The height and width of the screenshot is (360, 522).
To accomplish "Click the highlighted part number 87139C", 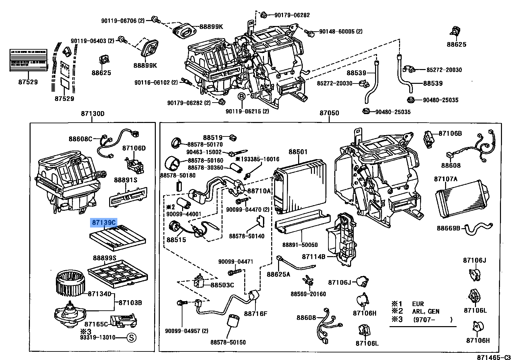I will [104, 223].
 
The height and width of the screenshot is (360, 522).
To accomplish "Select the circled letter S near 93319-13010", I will [131, 338].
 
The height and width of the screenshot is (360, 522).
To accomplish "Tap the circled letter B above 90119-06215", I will [242, 97].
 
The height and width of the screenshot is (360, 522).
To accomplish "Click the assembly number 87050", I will [329, 113].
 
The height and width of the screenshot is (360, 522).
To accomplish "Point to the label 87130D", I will [92, 114].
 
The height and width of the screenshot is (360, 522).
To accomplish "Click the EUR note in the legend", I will [418, 304].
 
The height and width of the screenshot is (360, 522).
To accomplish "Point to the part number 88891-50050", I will [300, 245].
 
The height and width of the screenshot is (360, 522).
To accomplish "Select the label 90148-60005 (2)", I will [341, 32].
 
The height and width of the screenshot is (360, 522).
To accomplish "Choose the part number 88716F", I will [255, 314].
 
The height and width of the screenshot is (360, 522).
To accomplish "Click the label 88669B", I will [448, 228].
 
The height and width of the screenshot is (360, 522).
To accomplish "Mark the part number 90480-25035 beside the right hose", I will [440, 100].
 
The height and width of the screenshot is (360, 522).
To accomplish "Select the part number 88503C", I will [222, 285].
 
